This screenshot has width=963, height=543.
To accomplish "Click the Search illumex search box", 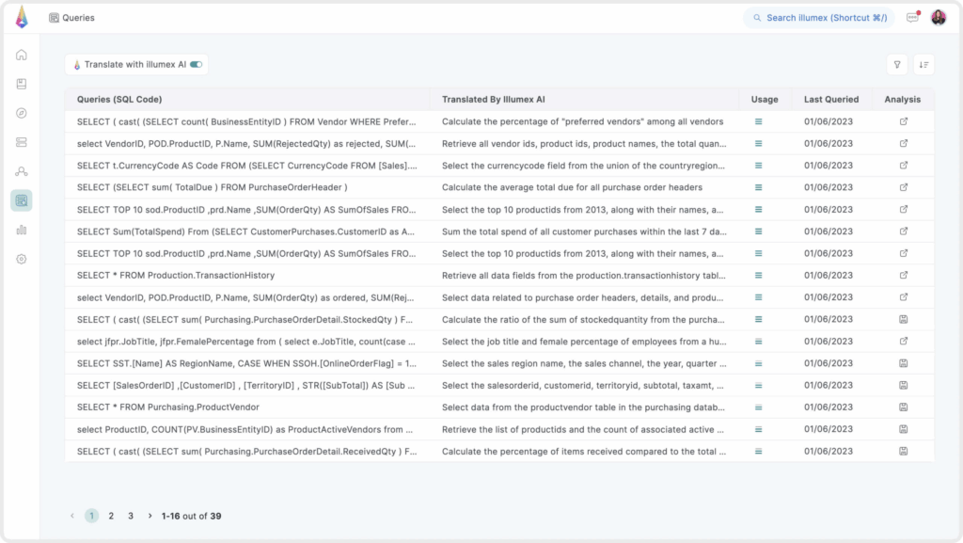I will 818,18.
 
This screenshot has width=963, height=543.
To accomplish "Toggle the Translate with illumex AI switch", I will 196,65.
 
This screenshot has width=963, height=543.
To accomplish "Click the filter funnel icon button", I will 897,65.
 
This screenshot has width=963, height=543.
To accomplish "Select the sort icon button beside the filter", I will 924,65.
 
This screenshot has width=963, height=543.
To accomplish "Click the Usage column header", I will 764,99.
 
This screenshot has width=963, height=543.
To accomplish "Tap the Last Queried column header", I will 830,99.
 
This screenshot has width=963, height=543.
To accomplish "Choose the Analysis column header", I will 903,99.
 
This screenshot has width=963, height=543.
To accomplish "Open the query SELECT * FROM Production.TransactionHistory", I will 176,276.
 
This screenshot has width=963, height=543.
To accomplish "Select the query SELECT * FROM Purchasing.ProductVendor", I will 168,407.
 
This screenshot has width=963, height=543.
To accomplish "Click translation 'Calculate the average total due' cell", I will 572,187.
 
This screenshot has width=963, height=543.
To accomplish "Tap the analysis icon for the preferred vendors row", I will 904,121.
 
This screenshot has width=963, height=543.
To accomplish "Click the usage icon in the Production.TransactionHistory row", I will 758,276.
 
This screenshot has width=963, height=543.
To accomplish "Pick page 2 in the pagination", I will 111,516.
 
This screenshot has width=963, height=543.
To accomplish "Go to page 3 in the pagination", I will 131,516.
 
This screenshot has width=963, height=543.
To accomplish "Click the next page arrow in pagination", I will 150,516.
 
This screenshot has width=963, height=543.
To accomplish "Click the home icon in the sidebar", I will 22,55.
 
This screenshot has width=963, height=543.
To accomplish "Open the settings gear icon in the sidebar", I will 22,259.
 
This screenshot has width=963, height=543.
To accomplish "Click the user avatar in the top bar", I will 939,18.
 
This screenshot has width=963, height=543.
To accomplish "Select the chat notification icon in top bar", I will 912,18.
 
